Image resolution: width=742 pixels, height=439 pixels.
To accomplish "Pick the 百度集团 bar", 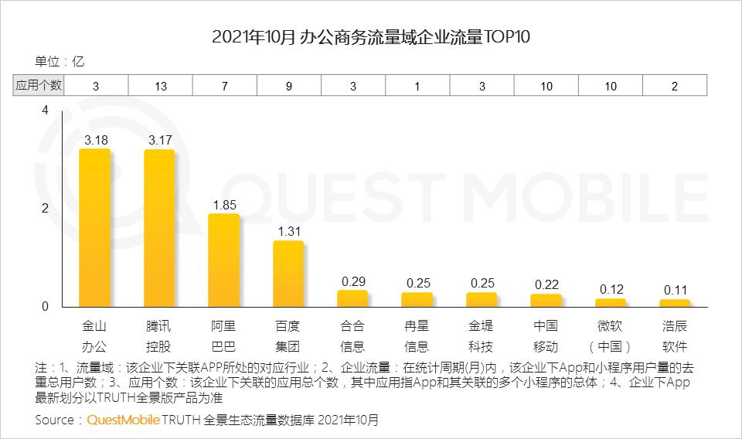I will pos(288,274).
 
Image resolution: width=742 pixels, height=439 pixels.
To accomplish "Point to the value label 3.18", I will pos(95,140).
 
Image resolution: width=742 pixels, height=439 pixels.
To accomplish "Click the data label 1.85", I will pos(224,205).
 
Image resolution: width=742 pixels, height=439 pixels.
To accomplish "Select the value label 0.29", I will pos(353,281).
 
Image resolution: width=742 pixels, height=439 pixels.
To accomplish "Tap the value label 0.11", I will pos(675,290).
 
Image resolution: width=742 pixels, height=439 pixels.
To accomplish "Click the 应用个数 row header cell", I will pos(38,86).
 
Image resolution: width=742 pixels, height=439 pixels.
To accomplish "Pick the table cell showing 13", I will pos(160,86).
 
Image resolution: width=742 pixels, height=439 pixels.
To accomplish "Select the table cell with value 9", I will pos(289,86).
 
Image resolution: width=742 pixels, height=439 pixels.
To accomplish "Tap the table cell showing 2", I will pos(675,86).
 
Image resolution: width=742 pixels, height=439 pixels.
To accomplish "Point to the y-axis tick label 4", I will pos(45,111).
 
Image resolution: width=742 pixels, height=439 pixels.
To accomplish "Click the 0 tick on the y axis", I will pos(45,306).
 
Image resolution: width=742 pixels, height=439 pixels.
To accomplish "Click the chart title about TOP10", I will pos(371,36).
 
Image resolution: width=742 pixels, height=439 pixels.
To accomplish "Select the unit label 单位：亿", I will pos(59,62).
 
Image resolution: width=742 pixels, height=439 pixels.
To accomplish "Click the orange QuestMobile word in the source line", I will pos(123,420).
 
